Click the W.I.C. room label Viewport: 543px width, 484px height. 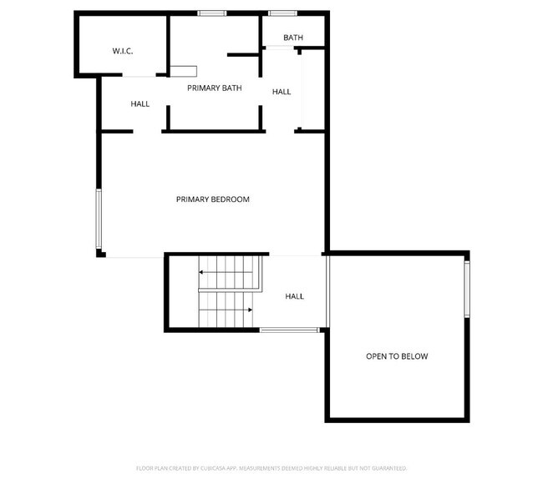(123, 52)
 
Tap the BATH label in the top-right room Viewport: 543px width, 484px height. (292, 38)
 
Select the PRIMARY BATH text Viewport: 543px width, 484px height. (214, 88)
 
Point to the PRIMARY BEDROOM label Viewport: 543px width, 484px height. (212, 199)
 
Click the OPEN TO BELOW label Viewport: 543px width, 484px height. (397, 356)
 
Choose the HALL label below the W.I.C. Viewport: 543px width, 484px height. (140, 103)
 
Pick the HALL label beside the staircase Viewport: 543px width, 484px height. (294, 296)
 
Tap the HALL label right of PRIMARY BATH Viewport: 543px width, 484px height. (282, 91)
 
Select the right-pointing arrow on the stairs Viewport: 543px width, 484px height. (248, 310)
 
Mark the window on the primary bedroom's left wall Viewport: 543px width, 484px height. (99, 219)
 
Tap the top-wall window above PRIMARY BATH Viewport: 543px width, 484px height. (211, 13)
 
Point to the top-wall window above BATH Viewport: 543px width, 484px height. (283, 13)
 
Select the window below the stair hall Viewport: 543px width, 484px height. (288, 330)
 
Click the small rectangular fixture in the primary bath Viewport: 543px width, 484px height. (184, 70)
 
